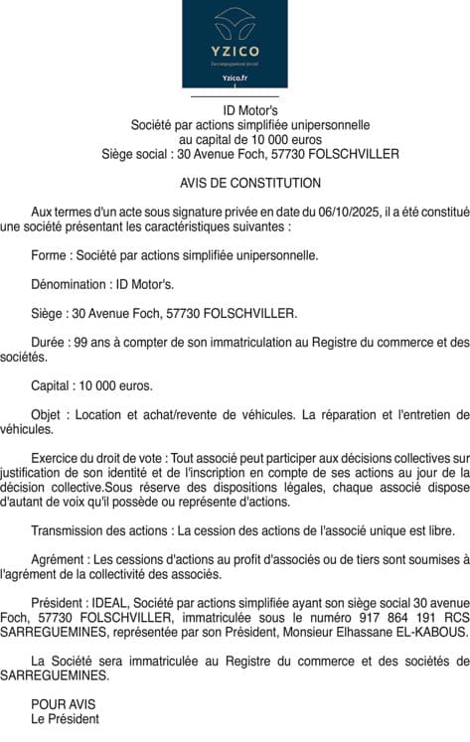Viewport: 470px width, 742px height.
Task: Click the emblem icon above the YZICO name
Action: pos(235,22)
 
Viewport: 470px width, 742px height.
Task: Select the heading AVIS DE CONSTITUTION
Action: pos(250,184)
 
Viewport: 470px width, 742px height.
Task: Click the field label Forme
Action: pos(50,255)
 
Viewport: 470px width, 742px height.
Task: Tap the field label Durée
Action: pos(49,343)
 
